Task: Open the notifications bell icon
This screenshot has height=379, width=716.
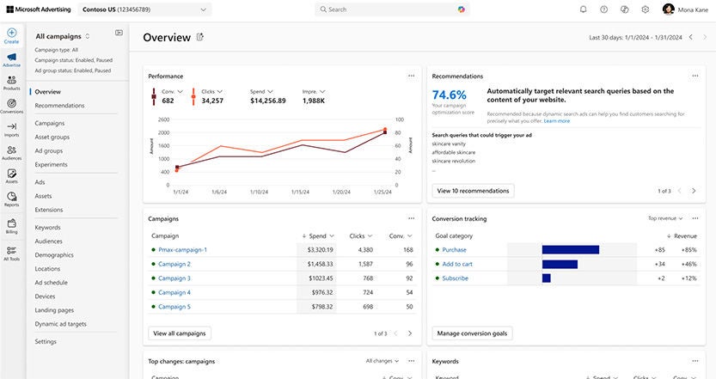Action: point(583,9)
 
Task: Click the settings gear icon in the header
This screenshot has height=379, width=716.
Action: point(646,9)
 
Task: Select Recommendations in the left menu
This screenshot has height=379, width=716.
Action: point(59,106)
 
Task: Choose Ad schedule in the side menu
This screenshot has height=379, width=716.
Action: point(51,283)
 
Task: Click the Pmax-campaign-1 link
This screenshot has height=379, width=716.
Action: point(182,250)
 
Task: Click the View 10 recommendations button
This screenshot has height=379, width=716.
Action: point(473,191)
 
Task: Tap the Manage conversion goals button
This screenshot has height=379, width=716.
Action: point(473,333)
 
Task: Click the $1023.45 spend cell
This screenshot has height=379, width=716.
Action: point(320,278)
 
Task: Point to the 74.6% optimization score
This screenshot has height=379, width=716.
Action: point(449,95)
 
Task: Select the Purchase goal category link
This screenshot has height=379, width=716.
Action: point(454,250)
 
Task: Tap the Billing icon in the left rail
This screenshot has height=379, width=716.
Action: point(11,226)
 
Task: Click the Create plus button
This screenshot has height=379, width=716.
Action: point(11,35)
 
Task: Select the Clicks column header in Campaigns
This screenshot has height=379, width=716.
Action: point(358,235)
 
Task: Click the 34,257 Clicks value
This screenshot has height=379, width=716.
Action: point(212,101)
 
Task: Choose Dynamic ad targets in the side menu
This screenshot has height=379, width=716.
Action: point(60,324)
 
